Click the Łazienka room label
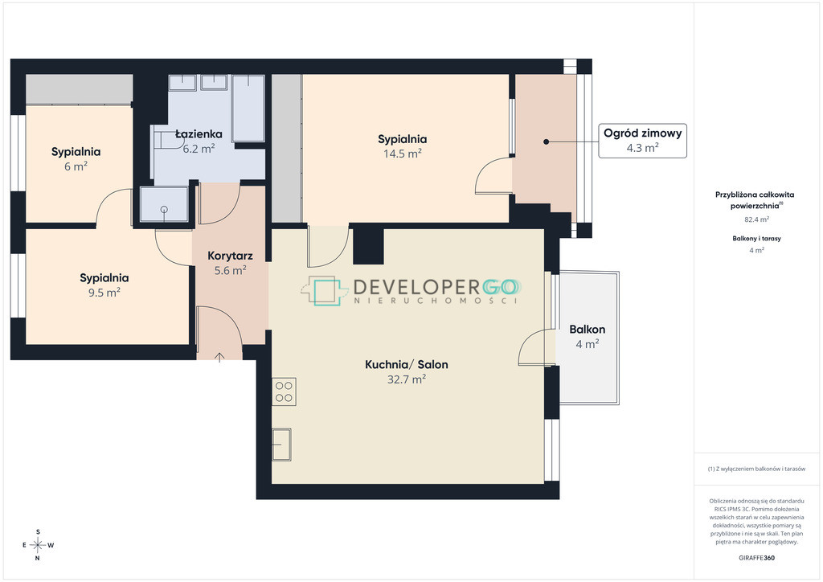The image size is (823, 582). tap(199, 133)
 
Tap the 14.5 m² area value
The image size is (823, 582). tap(402, 154)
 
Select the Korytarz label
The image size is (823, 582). tap(230, 256)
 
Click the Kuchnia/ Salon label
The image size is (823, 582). tap(406, 364)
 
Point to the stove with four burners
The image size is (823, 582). tap(284, 391)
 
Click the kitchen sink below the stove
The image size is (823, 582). tap(281, 445)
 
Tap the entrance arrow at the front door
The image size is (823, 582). tap(219, 357)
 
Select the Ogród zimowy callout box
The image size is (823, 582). tap(642, 140)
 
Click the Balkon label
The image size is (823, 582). tap(588, 330)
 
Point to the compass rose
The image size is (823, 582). tap(38, 545)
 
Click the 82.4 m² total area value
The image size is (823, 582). tap(756, 219)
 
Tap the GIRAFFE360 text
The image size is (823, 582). tap(756, 558)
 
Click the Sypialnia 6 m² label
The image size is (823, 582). tap(76, 158)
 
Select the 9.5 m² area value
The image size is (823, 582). tap(104, 293)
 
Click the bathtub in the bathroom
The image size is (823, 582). tap(248, 108)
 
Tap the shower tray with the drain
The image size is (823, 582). tap(164, 204)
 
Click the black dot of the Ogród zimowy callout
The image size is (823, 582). tap(546, 141)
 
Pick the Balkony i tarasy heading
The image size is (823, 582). tap(756, 238)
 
